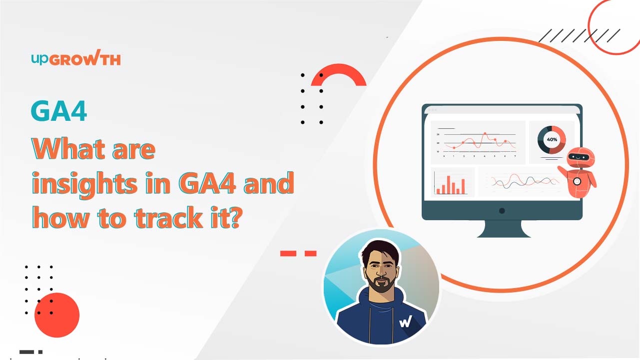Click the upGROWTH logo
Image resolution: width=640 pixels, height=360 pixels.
tap(76, 57)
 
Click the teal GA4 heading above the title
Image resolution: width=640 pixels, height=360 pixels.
tap(59, 111)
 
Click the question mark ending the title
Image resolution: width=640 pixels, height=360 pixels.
tap(236, 217)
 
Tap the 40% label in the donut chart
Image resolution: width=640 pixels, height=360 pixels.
tap(552, 140)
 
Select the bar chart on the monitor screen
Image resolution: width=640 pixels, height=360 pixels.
tap(450, 183)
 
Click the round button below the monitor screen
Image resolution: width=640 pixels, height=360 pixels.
tap(502, 211)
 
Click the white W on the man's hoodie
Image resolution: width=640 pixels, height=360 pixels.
tap(406, 322)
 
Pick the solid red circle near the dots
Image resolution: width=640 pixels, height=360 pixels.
tap(57, 315)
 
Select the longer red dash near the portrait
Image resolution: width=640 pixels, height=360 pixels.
tap(288, 253)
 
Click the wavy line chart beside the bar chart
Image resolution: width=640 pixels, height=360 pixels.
tap(525, 181)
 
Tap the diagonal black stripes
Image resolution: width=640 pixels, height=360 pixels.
tap(580, 35)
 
